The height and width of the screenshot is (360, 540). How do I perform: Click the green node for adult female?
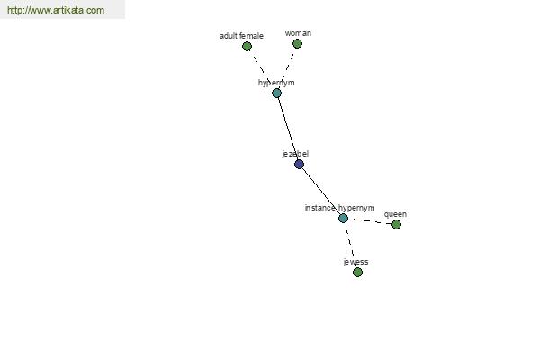[x=247, y=46]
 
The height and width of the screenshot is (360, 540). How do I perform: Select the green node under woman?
[x=297, y=44]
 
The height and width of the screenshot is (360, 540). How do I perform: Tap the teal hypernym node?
[x=276, y=93]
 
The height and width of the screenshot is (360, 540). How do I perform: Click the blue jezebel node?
[x=299, y=164]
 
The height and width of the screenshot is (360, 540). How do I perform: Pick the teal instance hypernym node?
[x=343, y=218]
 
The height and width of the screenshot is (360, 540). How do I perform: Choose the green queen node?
[x=396, y=225]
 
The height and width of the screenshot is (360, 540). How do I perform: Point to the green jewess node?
[x=357, y=272]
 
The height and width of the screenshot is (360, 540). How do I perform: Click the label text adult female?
[x=241, y=36]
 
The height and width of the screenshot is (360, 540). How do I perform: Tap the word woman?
[x=298, y=33]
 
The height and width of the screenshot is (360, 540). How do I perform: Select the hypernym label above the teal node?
[x=276, y=83]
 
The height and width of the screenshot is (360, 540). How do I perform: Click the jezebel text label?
[x=295, y=154]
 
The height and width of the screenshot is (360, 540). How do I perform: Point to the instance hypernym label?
[x=339, y=208]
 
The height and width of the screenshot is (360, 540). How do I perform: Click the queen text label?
[x=395, y=214]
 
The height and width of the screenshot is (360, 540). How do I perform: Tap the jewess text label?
[x=355, y=262]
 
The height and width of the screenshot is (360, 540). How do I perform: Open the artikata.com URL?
[x=56, y=10]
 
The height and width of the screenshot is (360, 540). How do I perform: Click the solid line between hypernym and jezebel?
[x=288, y=129]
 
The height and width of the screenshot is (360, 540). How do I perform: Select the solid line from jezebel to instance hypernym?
[x=321, y=191]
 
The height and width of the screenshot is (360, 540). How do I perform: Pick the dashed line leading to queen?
[x=370, y=221]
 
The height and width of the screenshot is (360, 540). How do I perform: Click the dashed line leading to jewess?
[x=350, y=246]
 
